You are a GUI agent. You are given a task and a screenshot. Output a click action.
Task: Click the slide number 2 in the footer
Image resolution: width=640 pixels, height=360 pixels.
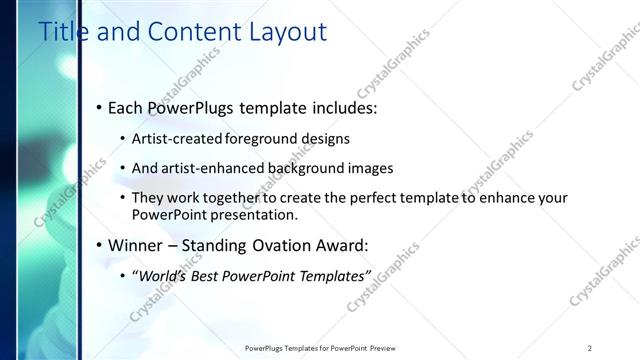[x=590, y=348]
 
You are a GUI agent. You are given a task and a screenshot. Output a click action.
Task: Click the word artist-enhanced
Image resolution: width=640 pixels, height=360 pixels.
[x=213, y=168]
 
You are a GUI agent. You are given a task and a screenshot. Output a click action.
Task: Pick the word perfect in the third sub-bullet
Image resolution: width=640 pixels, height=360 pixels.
[x=357, y=198]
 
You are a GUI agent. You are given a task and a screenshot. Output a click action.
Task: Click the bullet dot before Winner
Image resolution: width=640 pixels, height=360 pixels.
[x=98, y=245]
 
